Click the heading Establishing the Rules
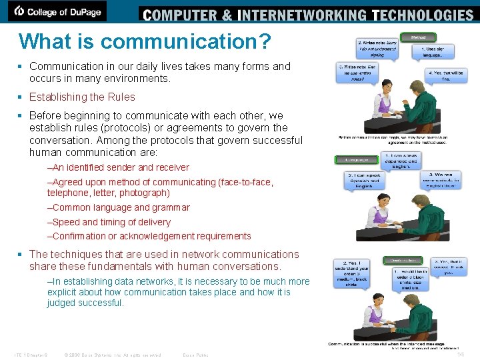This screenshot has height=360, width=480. tap(82, 97)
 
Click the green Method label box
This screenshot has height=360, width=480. tap(418, 37)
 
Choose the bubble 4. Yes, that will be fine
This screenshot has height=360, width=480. tap(437, 75)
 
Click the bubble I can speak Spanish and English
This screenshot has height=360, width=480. tap(363, 181)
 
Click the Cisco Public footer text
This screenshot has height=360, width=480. tap(195, 355)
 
